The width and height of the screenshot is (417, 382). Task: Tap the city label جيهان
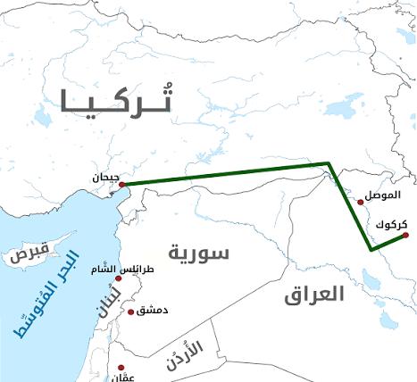[104, 177]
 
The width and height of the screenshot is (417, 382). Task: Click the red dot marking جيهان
[122, 185]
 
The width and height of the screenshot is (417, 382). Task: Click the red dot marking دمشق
[132, 311]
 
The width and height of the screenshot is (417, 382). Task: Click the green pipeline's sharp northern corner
[329, 163]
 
